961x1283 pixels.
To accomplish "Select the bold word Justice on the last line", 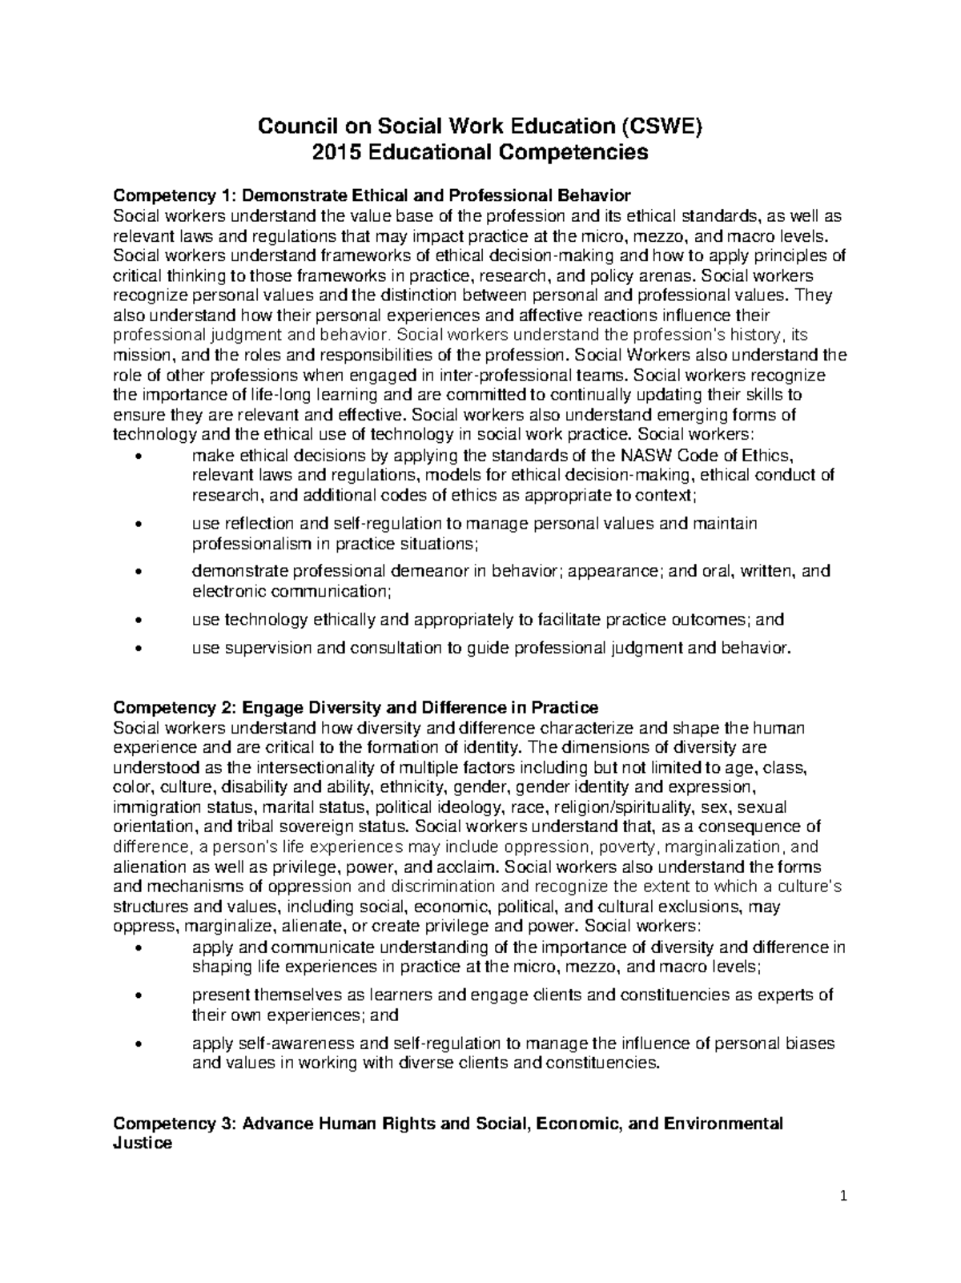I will (143, 1144).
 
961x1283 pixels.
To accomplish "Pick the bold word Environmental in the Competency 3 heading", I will (722, 1124).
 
